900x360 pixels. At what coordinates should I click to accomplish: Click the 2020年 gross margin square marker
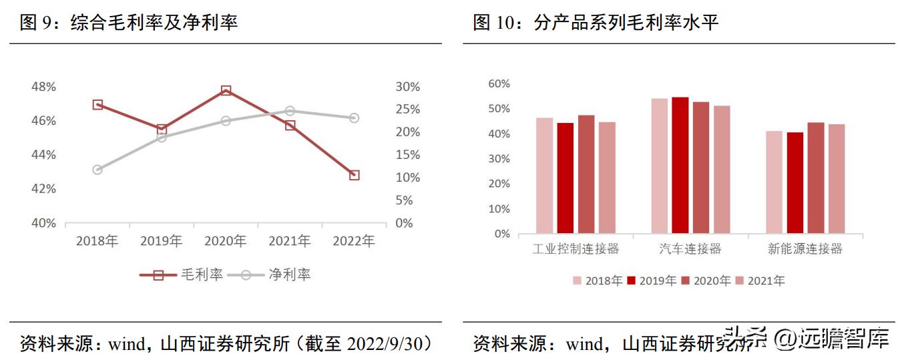point(226,90)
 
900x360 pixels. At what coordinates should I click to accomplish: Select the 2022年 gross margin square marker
point(354,175)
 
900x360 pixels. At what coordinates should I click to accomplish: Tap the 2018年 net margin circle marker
point(97,170)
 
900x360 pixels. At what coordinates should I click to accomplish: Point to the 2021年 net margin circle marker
point(290,111)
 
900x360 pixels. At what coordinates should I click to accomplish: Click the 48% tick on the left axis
point(43,87)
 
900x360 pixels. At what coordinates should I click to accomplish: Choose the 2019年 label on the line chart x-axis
point(161,241)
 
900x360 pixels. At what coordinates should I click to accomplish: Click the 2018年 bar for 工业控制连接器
point(544,176)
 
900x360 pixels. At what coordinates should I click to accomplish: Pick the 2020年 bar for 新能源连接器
point(816,178)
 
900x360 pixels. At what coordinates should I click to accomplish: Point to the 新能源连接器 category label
point(805,249)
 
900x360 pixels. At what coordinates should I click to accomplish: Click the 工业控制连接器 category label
point(576,249)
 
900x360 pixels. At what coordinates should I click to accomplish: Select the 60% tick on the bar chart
point(499,83)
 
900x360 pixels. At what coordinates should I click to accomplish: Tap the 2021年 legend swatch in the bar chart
point(739,281)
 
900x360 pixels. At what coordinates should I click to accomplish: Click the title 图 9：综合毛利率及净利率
point(129,23)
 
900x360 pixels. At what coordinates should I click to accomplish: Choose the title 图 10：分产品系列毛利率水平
point(596,23)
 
